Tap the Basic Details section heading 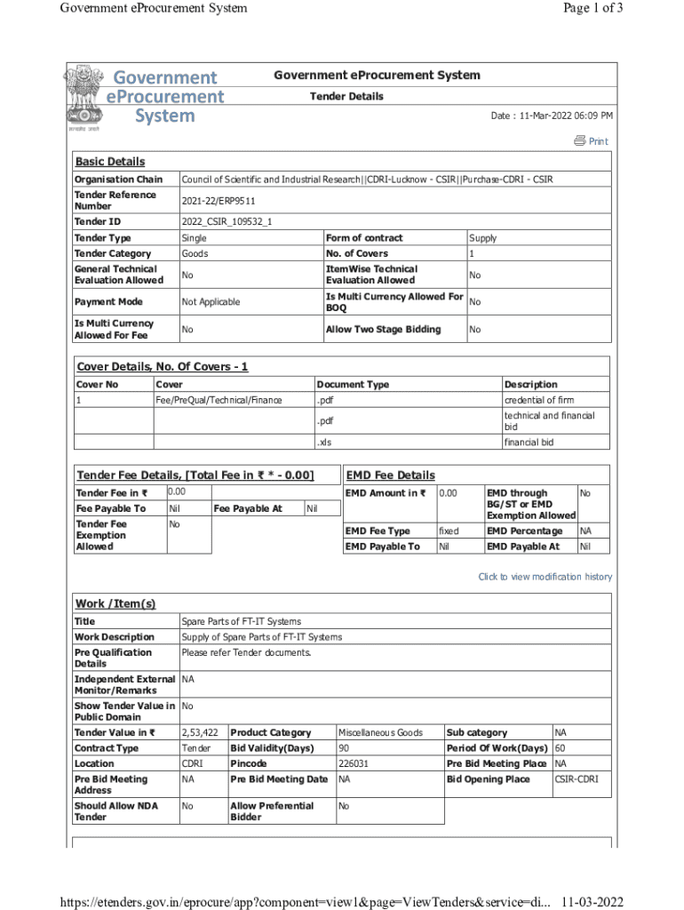point(109,162)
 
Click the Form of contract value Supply point(482,238)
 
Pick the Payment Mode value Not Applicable point(211,302)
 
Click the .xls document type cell point(325,442)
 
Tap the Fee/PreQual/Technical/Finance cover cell point(219,400)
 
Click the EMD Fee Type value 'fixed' point(449,531)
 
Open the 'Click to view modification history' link point(545,577)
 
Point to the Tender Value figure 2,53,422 point(200,732)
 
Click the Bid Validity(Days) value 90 point(344,748)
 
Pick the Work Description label point(114,637)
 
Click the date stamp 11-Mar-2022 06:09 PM point(552,116)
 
